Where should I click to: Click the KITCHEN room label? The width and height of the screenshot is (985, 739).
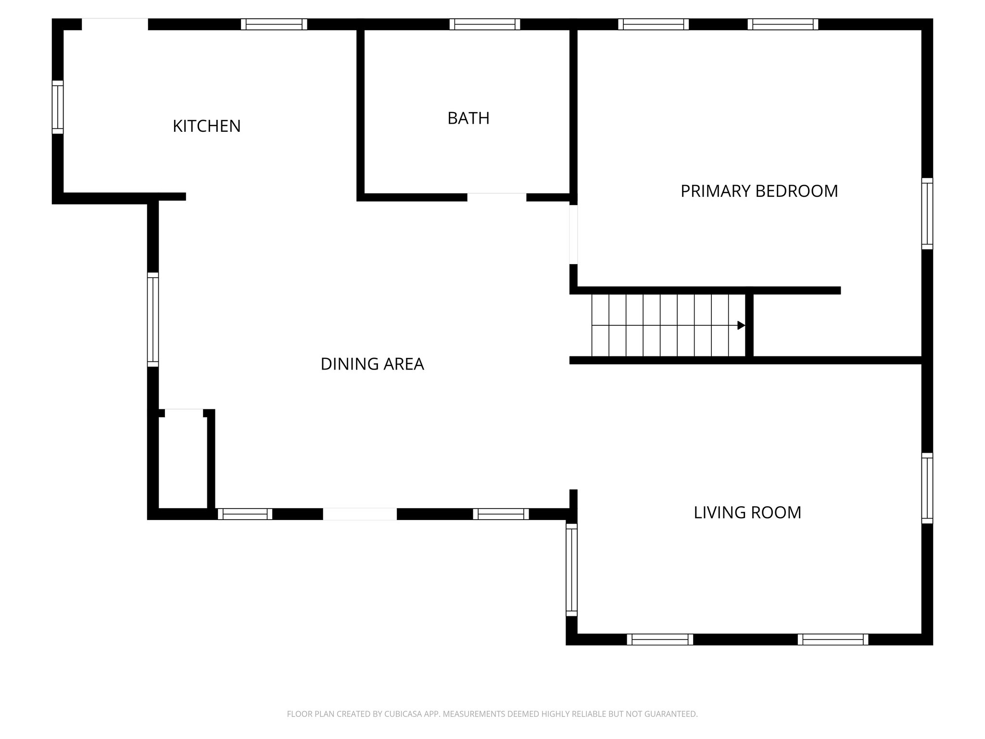click(206, 126)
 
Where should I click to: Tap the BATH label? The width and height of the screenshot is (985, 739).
click(468, 118)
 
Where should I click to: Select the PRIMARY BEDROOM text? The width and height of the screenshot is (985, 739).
click(759, 191)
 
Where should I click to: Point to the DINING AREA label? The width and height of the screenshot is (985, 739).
click(372, 364)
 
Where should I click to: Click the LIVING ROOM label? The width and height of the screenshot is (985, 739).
click(747, 512)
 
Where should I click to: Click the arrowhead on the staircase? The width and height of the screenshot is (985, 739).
click(741, 325)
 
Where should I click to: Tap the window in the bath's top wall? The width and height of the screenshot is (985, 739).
click(485, 24)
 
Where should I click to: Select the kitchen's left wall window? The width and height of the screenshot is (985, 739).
click(58, 107)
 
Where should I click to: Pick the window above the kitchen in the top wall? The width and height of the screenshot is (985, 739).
click(274, 24)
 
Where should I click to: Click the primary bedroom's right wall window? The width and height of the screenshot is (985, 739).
click(927, 214)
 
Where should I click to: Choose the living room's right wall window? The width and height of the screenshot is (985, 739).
click(927, 488)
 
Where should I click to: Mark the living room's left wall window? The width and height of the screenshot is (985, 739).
click(571, 570)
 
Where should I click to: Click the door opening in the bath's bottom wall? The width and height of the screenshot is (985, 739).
click(497, 197)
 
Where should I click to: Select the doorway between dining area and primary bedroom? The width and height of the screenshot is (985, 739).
click(573, 234)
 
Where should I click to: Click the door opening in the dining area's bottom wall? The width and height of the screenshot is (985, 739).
click(360, 514)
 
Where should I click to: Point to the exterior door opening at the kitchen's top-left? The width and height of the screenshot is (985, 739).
click(115, 24)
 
